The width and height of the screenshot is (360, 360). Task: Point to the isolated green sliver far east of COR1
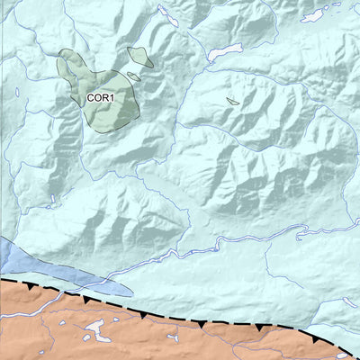tap(232, 101)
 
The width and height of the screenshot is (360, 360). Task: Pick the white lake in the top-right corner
tap(314, 14)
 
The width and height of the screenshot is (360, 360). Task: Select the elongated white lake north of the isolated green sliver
tap(225, 51)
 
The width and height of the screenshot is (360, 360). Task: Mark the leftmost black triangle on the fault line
tap(33, 287)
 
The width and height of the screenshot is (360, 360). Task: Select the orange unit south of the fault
tap(180, 342)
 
